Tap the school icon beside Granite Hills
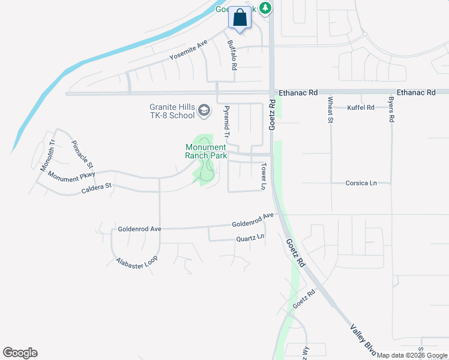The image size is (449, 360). pyautogui.click(x=205, y=110)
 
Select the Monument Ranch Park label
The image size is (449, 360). pyautogui.click(x=206, y=151)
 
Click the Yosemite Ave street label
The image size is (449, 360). pyautogui.click(x=188, y=50)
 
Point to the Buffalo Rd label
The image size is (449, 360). pyautogui.click(x=232, y=55)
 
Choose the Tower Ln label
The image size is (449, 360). pyautogui.click(x=263, y=176)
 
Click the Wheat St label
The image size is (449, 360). pyautogui.click(x=330, y=110)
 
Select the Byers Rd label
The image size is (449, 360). pyautogui.click(x=391, y=110)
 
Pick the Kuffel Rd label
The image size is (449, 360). pyautogui.click(x=361, y=107)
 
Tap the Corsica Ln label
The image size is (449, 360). pyautogui.click(x=361, y=183)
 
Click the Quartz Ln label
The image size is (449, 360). pyautogui.click(x=249, y=238)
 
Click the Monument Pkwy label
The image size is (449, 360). pyautogui.click(x=72, y=177)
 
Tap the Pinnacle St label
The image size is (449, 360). pyautogui.click(x=82, y=154)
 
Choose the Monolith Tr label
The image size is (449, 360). pyautogui.click(x=47, y=155)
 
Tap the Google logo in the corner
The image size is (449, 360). pyautogui.click(x=20, y=353)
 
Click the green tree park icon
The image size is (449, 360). pyautogui.click(x=265, y=7)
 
